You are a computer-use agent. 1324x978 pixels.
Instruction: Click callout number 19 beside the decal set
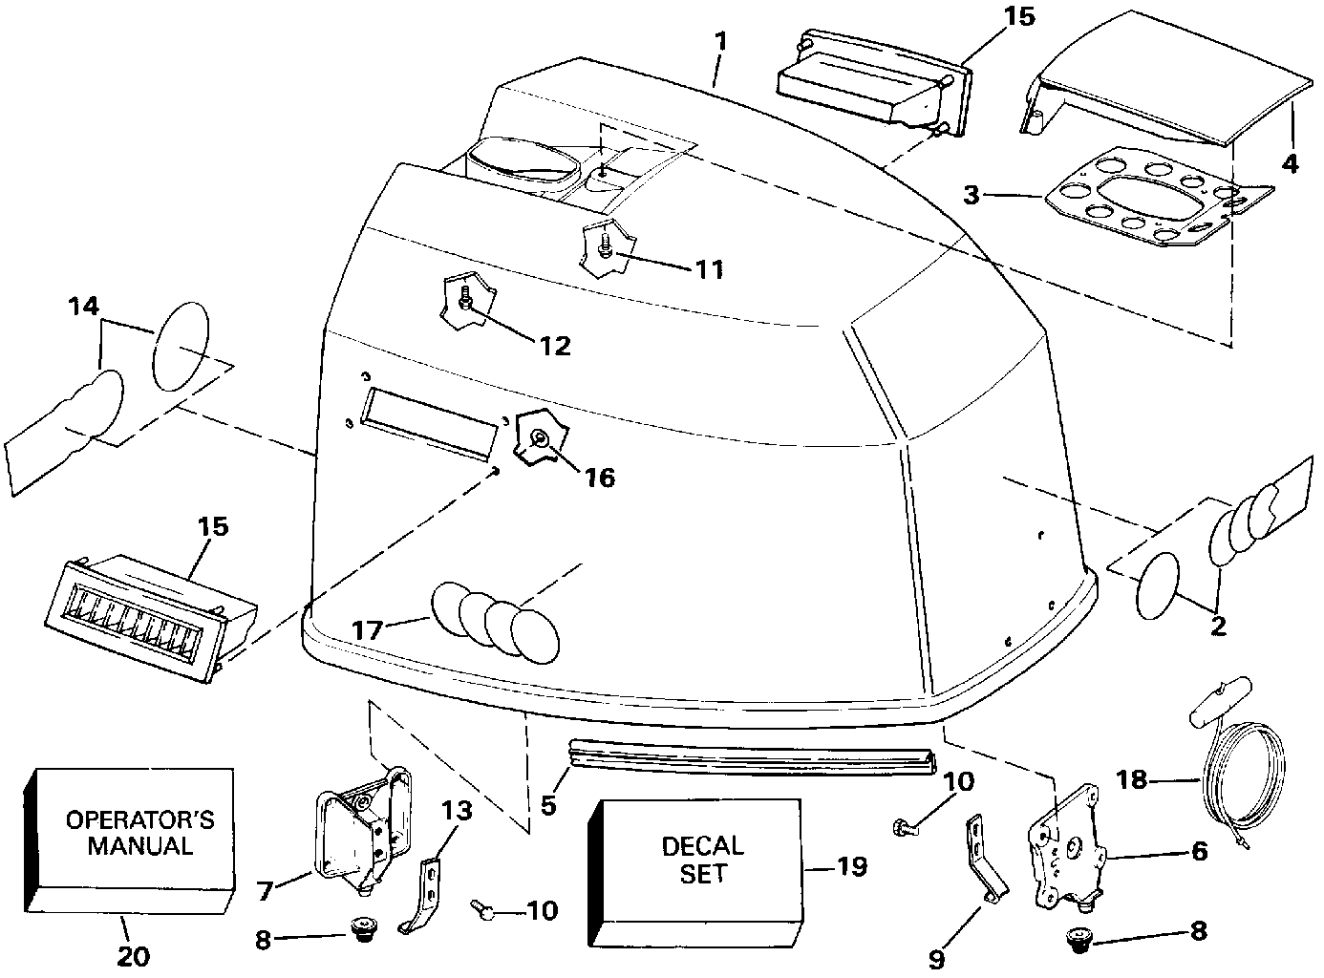point(851,866)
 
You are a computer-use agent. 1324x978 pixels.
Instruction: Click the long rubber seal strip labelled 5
point(750,753)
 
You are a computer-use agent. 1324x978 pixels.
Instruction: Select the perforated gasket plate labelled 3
point(1156,203)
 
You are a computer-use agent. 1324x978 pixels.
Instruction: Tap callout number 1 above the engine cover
point(720,42)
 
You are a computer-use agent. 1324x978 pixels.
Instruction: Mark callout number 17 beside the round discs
point(368,629)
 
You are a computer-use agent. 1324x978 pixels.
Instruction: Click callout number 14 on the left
point(83,308)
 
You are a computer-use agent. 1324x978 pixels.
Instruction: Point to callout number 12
point(555,345)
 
